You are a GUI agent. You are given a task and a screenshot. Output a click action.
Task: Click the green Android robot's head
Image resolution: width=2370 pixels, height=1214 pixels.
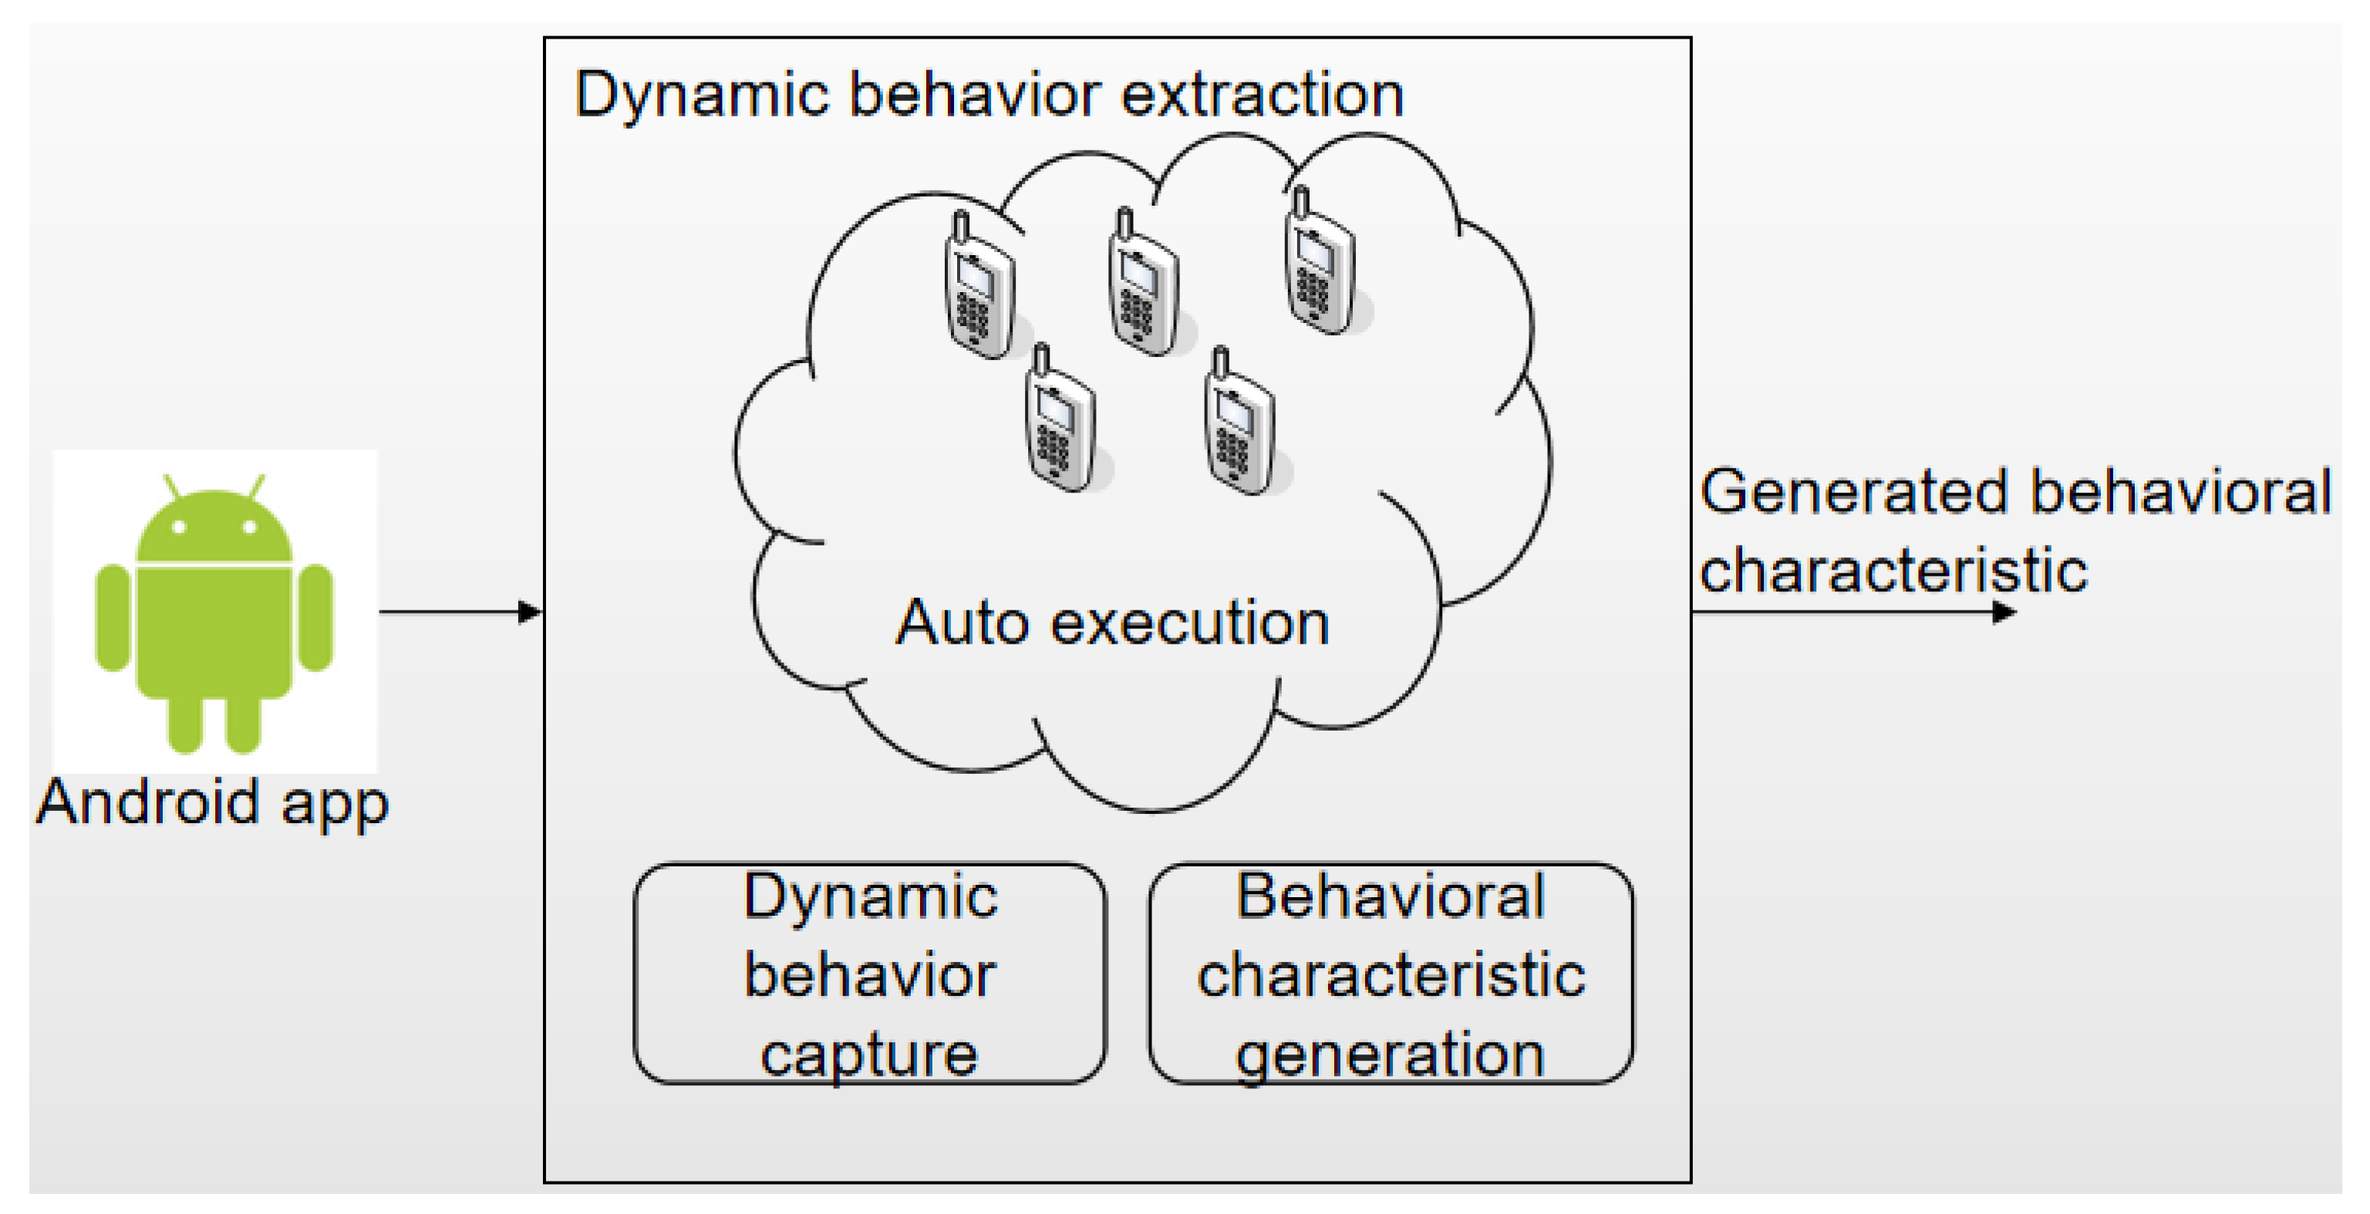[214, 529]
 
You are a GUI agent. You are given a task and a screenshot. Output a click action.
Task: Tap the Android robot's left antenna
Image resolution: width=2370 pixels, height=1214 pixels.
[172, 486]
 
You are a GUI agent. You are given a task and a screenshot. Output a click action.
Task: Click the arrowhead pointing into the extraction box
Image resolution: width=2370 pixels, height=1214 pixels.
[530, 611]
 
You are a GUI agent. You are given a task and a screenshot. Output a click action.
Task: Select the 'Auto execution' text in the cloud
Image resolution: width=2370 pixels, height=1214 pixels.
[1113, 623]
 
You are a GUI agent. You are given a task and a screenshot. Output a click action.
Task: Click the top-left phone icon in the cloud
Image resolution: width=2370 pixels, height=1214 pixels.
[979, 290]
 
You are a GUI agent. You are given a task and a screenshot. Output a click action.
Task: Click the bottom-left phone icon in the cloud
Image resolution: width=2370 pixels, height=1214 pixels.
[1060, 423]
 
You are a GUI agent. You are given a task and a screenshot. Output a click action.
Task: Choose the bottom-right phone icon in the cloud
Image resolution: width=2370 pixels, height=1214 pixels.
[1239, 425]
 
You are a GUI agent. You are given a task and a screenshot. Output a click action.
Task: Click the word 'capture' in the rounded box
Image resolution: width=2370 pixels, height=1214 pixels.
[868, 1055]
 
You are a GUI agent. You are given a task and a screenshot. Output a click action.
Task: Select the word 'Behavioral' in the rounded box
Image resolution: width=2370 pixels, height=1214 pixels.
[1391, 896]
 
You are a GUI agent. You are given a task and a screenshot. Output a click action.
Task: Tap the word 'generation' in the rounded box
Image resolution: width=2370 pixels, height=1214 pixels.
[1391, 1055]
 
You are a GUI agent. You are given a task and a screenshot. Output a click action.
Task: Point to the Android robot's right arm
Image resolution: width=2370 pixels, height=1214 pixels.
[316, 617]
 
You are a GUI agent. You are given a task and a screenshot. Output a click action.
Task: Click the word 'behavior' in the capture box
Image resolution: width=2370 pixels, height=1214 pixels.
[869, 975]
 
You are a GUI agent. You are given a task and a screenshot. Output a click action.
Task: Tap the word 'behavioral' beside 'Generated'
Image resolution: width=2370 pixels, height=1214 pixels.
[2180, 492]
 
